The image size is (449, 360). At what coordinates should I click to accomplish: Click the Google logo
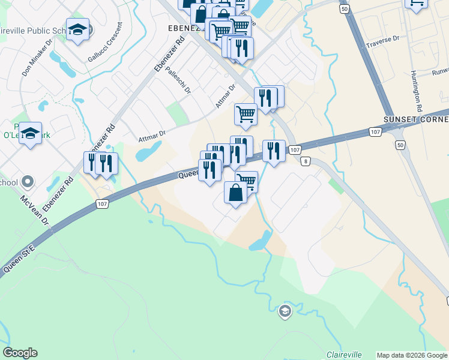(20, 353)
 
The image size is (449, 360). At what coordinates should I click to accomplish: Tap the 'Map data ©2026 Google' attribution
(412, 355)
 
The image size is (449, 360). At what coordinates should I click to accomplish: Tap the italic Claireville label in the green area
(345, 354)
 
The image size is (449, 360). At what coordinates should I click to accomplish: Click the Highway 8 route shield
(306, 161)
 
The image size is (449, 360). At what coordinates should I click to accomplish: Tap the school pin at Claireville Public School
(77, 29)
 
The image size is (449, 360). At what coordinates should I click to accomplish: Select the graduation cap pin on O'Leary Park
(30, 133)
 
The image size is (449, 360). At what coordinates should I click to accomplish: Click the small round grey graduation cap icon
(285, 310)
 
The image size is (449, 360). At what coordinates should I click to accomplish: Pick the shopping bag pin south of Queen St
(235, 193)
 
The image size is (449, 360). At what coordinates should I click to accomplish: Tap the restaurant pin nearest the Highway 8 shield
(274, 151)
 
